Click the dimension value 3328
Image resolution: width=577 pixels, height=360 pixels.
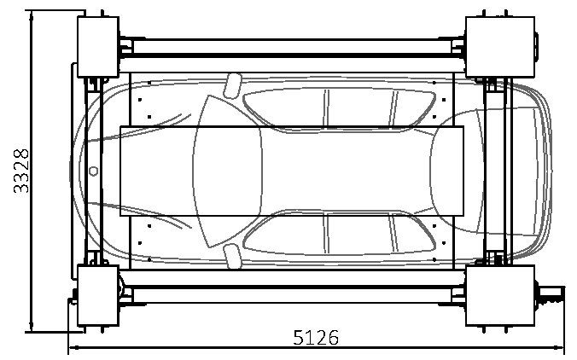[21, 171]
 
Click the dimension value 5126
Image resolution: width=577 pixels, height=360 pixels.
[316, 338]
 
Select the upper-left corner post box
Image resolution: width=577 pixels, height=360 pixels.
[98, 47]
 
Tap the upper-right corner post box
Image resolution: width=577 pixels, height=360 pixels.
[500, 47]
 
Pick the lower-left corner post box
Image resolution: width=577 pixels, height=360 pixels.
[98, 296]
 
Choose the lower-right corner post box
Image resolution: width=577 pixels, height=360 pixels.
[500, 296]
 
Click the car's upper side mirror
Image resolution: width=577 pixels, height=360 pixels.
[232, 85]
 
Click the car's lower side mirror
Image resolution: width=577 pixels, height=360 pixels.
[232, 256]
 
